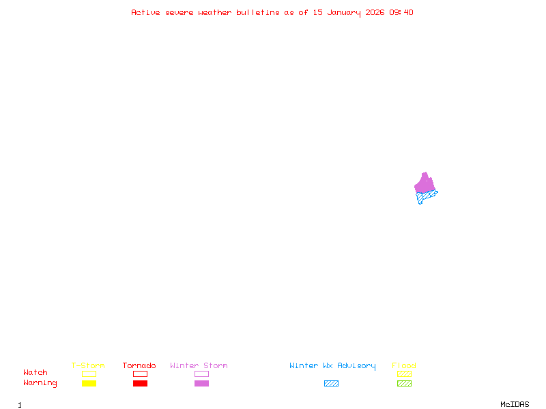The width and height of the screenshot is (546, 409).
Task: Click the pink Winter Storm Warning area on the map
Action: click(425, 183)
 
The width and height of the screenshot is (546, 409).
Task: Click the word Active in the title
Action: click(146, 12)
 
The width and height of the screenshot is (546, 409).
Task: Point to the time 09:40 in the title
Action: click(401, 12)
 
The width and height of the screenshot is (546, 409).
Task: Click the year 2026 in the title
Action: click(375, 12)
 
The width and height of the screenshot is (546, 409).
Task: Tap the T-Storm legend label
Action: click(88, 366)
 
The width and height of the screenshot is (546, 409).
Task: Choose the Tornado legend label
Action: click(139, 366)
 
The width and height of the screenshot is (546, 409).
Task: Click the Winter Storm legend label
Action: click(199, 366)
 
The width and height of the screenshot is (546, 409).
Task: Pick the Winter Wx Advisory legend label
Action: click(332, 366)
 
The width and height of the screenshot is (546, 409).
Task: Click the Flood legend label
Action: click(404, 366)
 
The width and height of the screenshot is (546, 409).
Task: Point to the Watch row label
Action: click(35, 373)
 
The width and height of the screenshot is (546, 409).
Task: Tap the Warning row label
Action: click(40, 383)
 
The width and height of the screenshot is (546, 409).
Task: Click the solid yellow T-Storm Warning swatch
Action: click(89, 383)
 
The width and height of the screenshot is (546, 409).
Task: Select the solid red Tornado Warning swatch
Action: click(140, 383)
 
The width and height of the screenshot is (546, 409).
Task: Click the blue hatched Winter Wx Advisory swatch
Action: click(331, 383)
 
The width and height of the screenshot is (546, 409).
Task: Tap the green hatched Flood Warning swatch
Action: click(404, 383)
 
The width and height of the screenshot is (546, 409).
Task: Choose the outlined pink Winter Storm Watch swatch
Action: click(201, 374)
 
